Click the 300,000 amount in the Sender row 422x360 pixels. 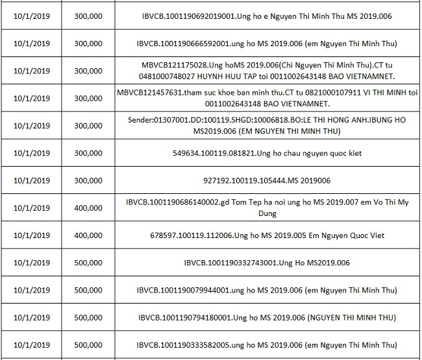coord(88,126)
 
